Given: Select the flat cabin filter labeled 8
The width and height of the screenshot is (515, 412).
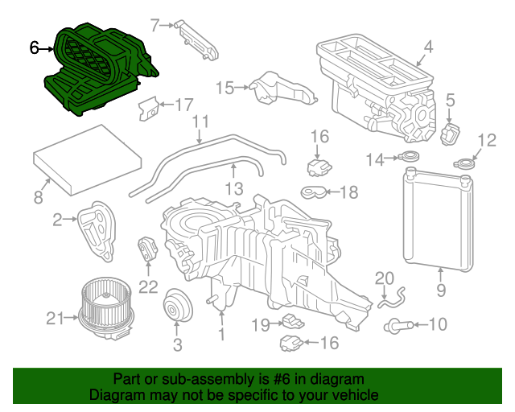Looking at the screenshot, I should tap(75, 159).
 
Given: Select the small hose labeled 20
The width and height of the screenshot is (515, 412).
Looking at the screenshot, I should tap(389, 301).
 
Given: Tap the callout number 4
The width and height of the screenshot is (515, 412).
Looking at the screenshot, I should tap(428, 47).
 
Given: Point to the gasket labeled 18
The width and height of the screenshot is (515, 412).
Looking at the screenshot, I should tap(315, 192).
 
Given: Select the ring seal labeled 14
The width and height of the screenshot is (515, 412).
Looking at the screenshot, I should tap(410, 158).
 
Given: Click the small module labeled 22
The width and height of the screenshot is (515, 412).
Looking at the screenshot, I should tap(146, 250).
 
